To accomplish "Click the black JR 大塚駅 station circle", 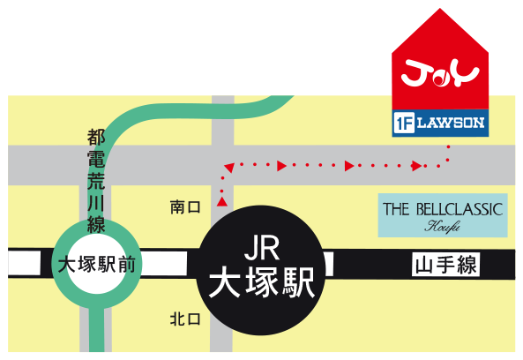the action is (261, 270).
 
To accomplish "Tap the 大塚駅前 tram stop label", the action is (97, 265).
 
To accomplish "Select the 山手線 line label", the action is (445, 264).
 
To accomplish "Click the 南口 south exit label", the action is (185, 207).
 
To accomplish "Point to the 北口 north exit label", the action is (185, 319).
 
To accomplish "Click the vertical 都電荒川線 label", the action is (96, 181).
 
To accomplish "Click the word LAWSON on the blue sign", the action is (451, 123).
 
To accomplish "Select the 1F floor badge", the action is (404, 123).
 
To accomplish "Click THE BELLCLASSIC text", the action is (443, 209).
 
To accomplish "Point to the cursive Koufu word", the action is (442, 226).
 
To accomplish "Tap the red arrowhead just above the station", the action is (221, 201).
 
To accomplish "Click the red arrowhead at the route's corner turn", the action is (229, 167).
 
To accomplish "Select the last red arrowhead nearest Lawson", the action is (416, 166).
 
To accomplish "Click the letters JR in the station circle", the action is (261, 248).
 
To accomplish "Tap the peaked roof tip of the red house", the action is (440, 9).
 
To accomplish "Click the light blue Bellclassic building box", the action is (443, 215).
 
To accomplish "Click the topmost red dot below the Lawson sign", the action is (448, 146).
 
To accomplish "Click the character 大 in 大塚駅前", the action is (67, 265).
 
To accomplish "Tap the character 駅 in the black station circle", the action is (299, 282).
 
